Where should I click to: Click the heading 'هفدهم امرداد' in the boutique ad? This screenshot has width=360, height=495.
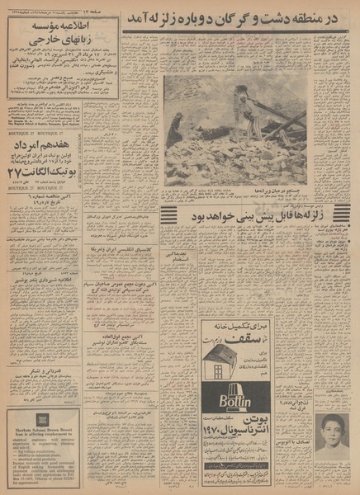tap(62, 144)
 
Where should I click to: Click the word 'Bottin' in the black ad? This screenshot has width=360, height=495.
tap(235, 402)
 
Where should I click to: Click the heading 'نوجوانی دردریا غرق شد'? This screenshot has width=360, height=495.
tap(331, 389)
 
